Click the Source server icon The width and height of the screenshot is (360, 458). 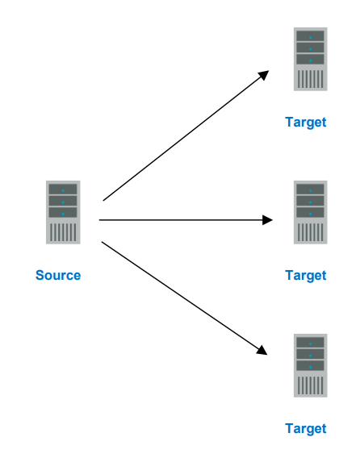click(62, 212)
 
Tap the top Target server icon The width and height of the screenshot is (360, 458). click(310, 59)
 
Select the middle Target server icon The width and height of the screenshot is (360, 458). click(310, 212)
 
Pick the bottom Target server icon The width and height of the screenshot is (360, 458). click(310, 365)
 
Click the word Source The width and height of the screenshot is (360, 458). click(58, 276)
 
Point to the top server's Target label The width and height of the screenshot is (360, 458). click(306, 123)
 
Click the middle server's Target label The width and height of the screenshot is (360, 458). click(306, 276)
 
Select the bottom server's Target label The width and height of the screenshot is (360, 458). click(306, 429)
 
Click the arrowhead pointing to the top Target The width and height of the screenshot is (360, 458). click(264, 74)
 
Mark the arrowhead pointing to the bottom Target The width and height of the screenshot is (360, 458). click(262, 350)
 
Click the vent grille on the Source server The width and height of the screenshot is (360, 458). click(62, 232)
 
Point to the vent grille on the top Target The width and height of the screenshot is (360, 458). click(310, 79)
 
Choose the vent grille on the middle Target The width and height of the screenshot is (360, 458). click(310, 232)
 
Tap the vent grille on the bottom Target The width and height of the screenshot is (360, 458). click(310, 385)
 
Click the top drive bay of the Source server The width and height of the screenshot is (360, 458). click(62, 189)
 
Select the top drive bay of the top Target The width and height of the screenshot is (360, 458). click(310, 36)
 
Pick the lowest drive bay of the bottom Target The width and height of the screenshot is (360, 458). click(310, 365)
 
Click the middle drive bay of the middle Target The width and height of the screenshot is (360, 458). click(310, 201)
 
